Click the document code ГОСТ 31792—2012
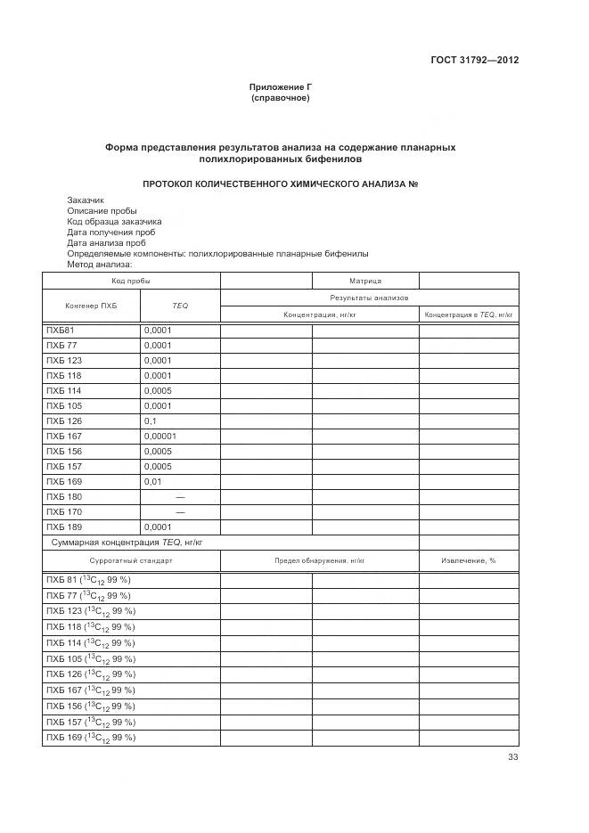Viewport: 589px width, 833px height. coord(476,61)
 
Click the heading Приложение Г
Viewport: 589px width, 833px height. coord(281,87)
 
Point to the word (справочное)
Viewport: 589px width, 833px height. coord(281,98)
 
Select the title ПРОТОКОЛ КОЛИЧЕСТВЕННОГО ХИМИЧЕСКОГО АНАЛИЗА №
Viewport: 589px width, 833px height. coord(281,184)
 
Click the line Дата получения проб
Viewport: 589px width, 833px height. coord(111,232)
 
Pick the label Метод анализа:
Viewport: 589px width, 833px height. coord(99,264)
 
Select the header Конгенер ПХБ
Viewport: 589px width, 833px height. coord(91,306)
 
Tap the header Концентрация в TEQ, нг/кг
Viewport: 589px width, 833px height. coord(469,315)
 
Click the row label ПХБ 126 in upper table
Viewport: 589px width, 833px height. coord(63,421)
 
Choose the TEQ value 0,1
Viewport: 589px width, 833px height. coord(150,421)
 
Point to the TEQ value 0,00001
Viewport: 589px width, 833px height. coord(160,436)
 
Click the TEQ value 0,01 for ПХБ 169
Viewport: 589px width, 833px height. coord(152,481)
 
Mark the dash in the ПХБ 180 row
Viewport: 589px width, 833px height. coord(180,496)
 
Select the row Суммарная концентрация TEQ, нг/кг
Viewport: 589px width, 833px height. coord(129,542)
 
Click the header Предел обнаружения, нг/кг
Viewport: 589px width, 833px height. coord(319,561)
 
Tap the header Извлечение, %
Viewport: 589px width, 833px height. coord(469,561)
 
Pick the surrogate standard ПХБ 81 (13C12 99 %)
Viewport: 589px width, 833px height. coord(88,580)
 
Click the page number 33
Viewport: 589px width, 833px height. coord(512,757)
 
